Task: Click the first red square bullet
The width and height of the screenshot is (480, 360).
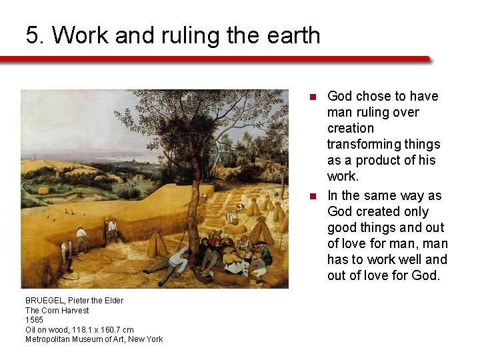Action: click(311, 97)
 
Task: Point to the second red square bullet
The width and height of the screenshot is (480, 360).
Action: click(311, 196)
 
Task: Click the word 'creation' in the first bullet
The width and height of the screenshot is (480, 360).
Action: click(351, 128)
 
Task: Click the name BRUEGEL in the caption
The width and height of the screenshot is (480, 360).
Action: click(45, 301)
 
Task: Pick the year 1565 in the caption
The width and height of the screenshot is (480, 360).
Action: click(34, 320)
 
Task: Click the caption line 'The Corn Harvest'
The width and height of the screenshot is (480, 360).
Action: click(57, 310)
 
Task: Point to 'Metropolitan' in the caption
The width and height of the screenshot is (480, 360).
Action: click(49, 339)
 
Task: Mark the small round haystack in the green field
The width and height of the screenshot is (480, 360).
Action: click(44, 191)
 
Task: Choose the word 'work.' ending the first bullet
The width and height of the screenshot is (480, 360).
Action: click(343, 177)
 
